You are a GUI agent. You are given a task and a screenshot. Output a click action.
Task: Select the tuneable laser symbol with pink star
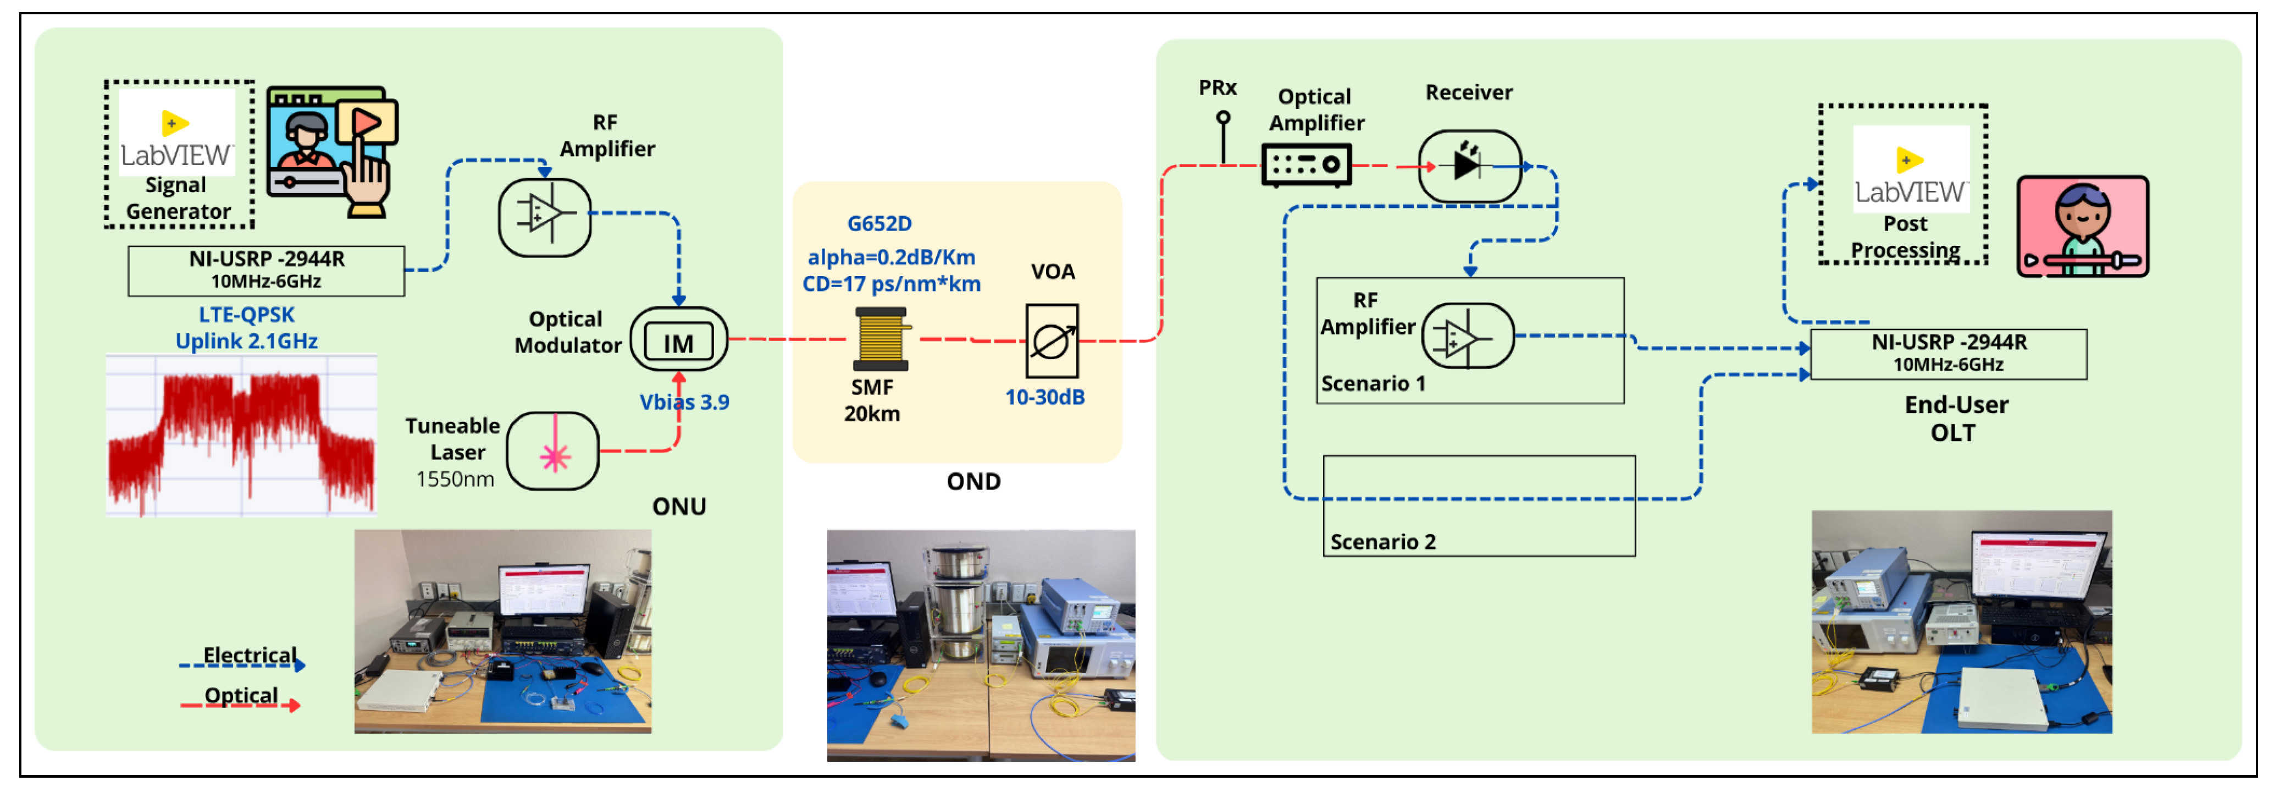tap(554, 451)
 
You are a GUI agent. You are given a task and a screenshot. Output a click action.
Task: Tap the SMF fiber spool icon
tap(880, 338)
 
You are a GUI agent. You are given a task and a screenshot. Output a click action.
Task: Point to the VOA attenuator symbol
tap(1052, 341)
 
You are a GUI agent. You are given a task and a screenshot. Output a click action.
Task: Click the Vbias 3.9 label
tap(684, 403)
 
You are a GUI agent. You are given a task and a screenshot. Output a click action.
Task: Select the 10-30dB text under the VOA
tap(1044, 397)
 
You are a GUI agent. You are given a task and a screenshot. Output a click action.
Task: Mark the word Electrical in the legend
tap(250, 654)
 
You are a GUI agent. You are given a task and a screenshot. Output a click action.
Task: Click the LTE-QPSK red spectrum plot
tap(241, 435)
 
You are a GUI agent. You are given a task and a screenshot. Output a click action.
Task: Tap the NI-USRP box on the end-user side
tap(1948, 353)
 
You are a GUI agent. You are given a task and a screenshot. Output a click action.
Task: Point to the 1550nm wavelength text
tap(455, 480)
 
